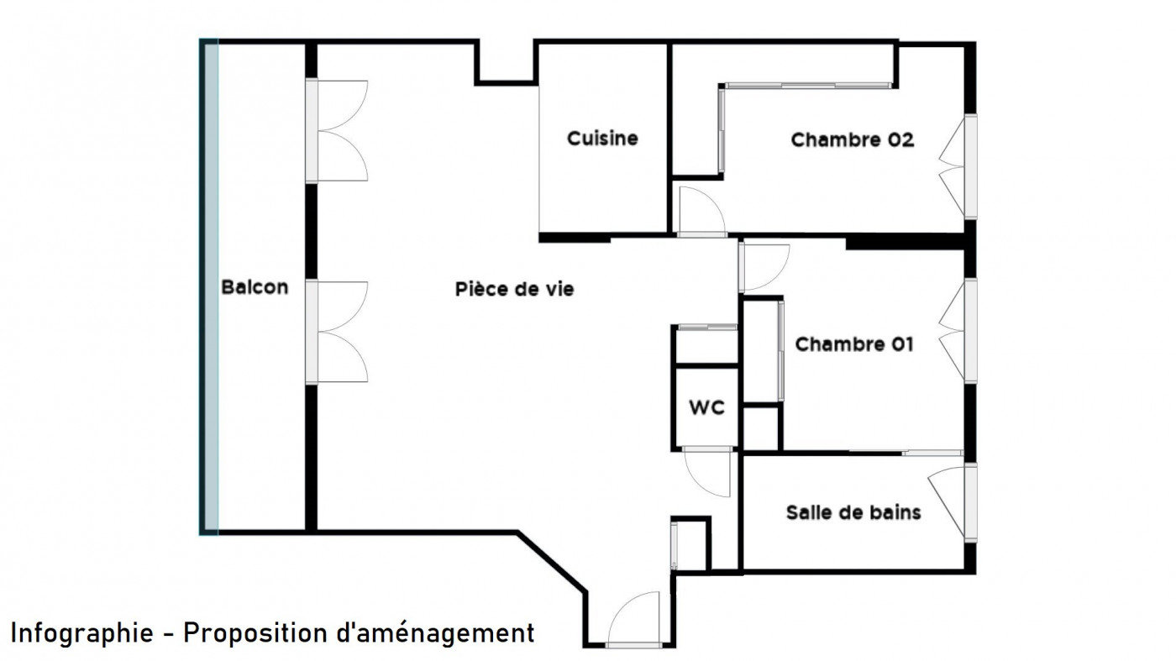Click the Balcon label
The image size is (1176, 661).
point(255,287)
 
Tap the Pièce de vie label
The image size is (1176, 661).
point(514,290)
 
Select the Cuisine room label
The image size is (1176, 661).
point(602,139)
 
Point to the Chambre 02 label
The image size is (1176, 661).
point(852,140)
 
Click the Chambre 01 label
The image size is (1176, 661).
point(853,344)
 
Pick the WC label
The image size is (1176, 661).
point(706,409)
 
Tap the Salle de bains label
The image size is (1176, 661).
point(853,512)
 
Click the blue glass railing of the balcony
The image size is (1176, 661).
point(209,286)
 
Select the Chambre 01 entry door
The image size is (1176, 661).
point(763,267)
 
